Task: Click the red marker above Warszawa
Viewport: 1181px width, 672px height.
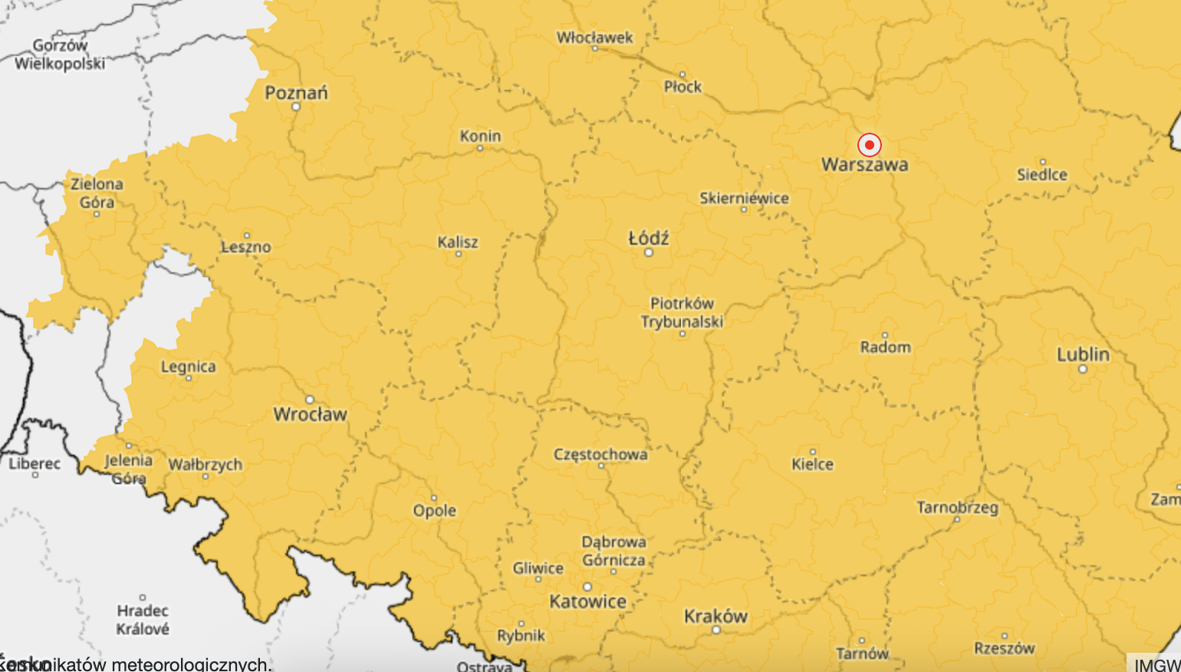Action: pos(869,145)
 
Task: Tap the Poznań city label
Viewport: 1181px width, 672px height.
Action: pos(296,93)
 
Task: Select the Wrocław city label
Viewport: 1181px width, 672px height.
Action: pos(311,414)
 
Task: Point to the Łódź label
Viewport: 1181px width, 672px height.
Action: pos(649,239)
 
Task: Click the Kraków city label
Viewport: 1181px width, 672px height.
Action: pos(716,616)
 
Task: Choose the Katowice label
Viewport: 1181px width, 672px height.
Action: pos(588,601)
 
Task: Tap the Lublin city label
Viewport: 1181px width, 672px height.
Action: pos(1083,354)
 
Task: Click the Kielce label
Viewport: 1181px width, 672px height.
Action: pos(812,464)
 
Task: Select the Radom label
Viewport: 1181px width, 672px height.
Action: pos(886,347)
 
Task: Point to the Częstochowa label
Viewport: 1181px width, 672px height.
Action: pos(600,454)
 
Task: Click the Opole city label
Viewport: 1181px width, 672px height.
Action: pos(435,510)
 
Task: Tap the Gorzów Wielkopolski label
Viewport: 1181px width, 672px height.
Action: pos(60,54)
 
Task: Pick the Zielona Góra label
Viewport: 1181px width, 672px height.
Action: pos(97,193)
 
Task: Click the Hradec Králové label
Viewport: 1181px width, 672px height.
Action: pos(143,620)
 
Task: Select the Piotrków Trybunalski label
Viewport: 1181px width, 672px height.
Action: pos(683,312)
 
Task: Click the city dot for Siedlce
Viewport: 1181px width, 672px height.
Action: pos(1042,162)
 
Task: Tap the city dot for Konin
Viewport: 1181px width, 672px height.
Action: pos(480,148)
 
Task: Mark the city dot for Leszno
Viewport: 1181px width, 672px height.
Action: pos(247,236)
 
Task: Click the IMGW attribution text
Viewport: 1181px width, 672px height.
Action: pos(1157,664)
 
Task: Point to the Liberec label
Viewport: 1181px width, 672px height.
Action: pos(35,463)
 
